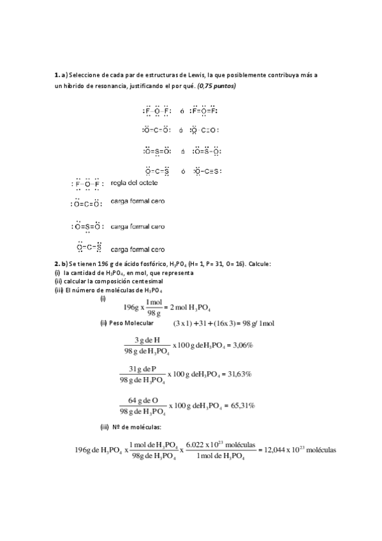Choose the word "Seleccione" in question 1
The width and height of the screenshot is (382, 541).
[85, 75]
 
